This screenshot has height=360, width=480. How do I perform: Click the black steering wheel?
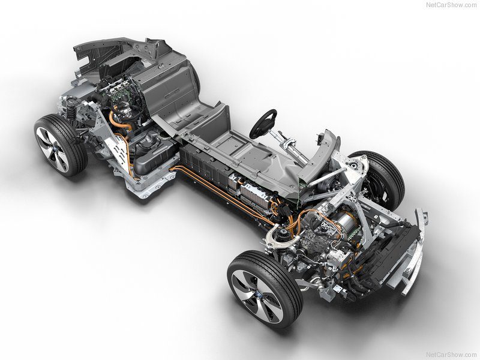click(x=263, y=123)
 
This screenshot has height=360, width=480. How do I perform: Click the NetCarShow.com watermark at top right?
click(x=452, y=5)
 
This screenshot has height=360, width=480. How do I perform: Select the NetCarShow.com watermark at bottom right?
click(x=452, y=354)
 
